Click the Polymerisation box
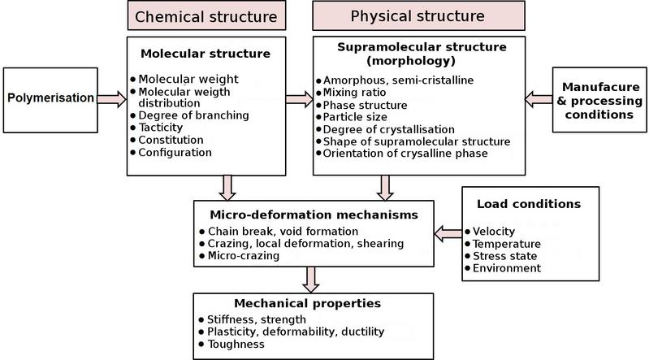pyautogui.click(x=50, y=100)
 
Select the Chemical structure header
pyautogui.click(x=206, y=15)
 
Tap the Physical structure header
pyautogui.click(x=418, y=15)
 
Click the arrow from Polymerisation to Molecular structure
pyautogui.click(x=112, y=99)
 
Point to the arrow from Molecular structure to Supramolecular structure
pyautogui.click(x=299, y=99)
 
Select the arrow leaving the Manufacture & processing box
pyautogui.click(x=539, y=99)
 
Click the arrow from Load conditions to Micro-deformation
pyautogui.click(x=448, y=234)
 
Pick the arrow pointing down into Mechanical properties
pyautogui.click(x=311, y=280)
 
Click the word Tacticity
pyautogui.click(x=161, y=128)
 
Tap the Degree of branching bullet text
pyautogui.click(x=193, y=115)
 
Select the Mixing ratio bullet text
pyautogui.click(x=354, y=93)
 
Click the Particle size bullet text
pyautogui.click(x=355, y=117)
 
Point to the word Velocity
pyautogui.click(x=494, y=231)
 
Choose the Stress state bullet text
pyautogui.click(x=505, y=256)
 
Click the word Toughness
pyautogui.click(x=236, y=345)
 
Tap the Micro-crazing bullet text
pyautogui.click(x=244, y=256)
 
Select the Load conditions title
pyautogui.click(x=529, y=204)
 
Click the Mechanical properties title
pyautogui.click(x=308, y=303)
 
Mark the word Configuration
pyautogui.click(x=175, y=153)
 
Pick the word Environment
pyautogui.click(x=507, y=268)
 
